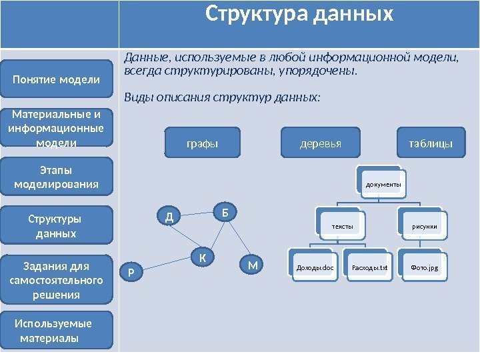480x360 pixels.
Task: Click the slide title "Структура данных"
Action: pos(299,15)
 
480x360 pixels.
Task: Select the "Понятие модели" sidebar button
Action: pos(57,80)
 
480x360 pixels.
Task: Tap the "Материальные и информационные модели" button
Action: pos(57,127)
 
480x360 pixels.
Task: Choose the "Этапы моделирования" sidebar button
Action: pos(57,177)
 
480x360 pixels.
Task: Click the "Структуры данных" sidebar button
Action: pos(57,226)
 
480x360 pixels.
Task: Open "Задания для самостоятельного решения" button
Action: pos(57,280)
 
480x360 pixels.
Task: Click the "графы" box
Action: pos(202,143)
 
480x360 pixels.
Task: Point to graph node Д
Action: pos(169,216)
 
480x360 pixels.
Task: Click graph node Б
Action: pos(226,212)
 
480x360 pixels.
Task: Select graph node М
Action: pos(252,266)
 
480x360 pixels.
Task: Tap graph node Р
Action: pos(131,271)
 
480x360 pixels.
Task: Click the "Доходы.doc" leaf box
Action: pos(315,269)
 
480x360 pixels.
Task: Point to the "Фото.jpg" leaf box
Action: pos(425,269)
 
